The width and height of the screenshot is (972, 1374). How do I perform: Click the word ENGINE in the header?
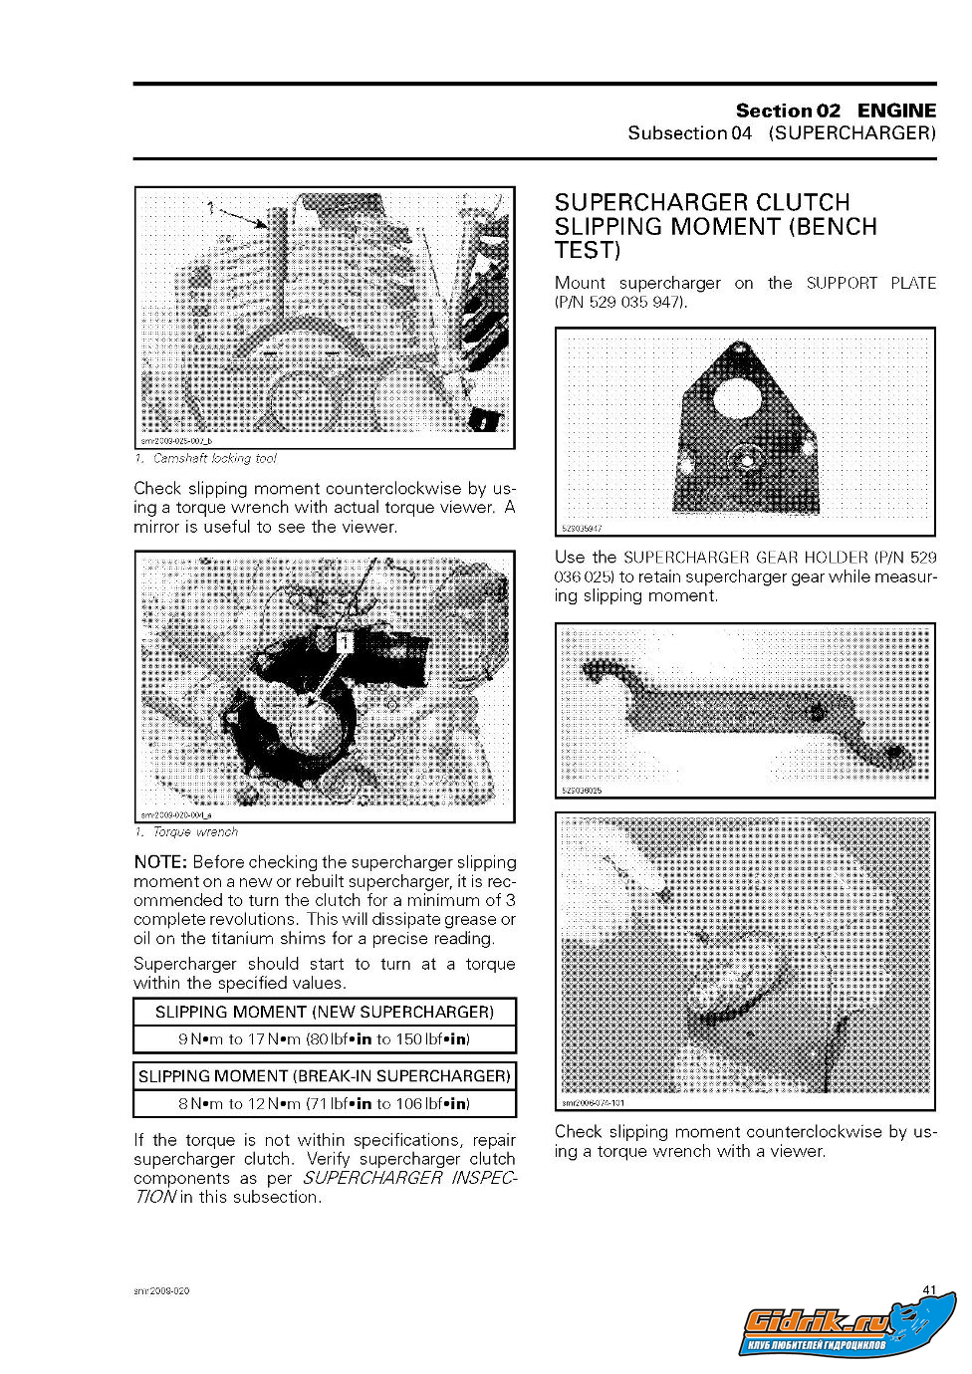tap(896, 111)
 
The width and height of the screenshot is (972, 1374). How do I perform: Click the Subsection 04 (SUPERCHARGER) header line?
tap(782, 133)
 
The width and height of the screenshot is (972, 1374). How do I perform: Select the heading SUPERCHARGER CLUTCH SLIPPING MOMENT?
tap(715, 226)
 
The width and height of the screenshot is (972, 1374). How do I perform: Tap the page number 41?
tap(929, 1290)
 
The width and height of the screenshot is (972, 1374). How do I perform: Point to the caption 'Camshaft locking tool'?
tap(214, 459)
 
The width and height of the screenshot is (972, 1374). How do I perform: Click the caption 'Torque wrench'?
tap(195, 832)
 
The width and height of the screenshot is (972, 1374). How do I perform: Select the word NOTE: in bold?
tap(159, 862)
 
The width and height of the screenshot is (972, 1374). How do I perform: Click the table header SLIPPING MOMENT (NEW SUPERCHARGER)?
tap(325, 1013)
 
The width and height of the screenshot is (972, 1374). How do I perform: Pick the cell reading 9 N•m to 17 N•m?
tap(325, 1039)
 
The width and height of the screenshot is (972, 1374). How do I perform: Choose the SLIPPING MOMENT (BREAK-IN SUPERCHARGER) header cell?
tap(325, 1076)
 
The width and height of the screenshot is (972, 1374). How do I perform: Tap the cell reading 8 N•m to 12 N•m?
tap(325, 1103)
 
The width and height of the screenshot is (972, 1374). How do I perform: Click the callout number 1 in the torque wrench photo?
tap(343, 643)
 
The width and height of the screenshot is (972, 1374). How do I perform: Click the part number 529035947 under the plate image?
tap(583, 529)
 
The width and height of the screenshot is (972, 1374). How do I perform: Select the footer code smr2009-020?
tap(161, 1291)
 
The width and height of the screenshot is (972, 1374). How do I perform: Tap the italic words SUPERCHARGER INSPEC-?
tap(409, 1178)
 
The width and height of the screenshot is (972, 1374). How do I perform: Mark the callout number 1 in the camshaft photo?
tap(210, 207)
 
